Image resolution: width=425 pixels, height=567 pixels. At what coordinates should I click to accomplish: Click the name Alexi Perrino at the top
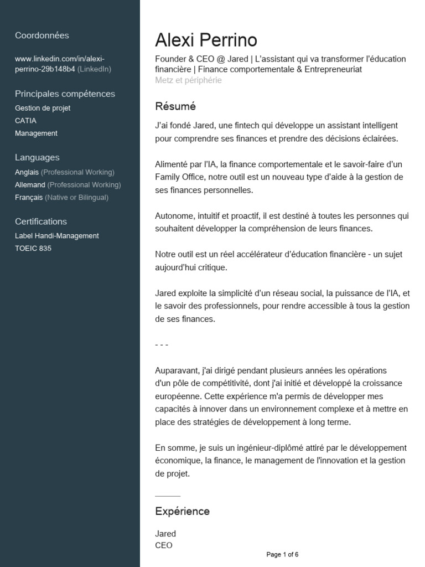(206, 40)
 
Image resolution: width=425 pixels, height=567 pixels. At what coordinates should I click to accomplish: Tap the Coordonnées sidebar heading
(42, 35)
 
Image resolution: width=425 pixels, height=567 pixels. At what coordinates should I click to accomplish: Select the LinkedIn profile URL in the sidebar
(60, 64)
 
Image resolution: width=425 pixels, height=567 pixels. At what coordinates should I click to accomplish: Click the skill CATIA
(25, 121)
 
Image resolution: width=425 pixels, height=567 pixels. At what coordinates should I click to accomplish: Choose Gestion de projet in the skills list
(43, 109)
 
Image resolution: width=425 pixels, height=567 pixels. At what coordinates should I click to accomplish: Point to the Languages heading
(37, 157)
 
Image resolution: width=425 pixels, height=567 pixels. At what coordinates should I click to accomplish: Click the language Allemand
(30, 185)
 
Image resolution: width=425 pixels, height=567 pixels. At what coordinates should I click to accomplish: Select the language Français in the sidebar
(29, 197)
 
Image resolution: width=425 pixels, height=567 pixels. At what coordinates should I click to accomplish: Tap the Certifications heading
(41, 221)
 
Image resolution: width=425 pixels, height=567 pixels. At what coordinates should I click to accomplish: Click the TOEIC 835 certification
(33, 249)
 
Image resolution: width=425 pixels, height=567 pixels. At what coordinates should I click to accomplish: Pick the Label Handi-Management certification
(57, 236)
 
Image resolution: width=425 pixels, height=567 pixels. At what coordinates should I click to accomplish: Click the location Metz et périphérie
(188, 80)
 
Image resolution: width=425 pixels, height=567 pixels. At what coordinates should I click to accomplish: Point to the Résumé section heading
(175, 106)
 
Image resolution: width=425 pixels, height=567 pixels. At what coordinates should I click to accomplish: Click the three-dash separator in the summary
(162, 345)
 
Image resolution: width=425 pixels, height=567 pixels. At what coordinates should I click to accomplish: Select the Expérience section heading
(182, 511)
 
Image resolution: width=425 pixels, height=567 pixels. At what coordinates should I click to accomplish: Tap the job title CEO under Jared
(164, 545)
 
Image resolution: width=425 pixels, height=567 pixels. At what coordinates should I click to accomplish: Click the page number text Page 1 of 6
(282, 554)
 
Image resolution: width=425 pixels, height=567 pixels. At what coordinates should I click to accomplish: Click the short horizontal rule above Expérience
(168, 496)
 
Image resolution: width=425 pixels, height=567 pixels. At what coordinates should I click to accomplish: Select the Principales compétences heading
(65, 94)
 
